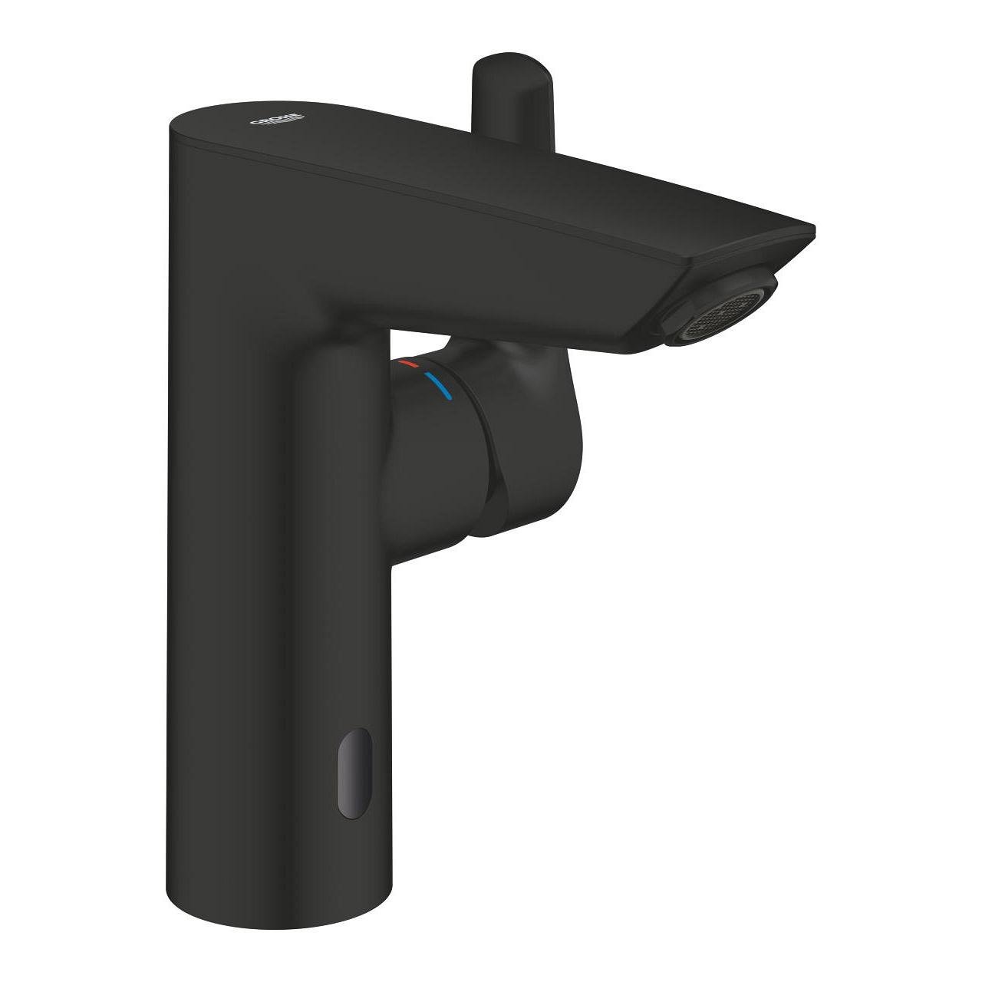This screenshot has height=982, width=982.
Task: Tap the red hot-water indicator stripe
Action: pyautogui.click(x=405, y=362)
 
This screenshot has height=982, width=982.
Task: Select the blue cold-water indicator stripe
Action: pyautogui.click(x=438, y=388)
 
